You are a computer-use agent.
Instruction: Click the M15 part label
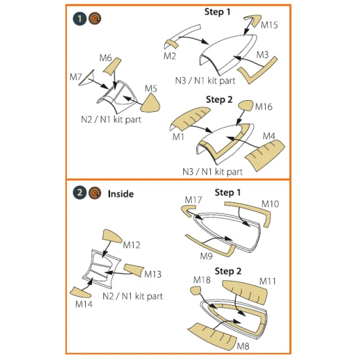pyautogui.click(x=270, y=26)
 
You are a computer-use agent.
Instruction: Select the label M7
pyautogui.click(x=76, y=77)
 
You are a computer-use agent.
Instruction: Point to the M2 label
pyautogui.click(x=170, y=56)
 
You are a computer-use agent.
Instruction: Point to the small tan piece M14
pyautogui.click(x=77, y=292)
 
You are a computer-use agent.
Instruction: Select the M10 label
pyautogui.click(x=270, y=204)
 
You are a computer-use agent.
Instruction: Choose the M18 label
pyautogui.click(x=201, y=280)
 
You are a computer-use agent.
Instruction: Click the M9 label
pyautogui.click(x=207, y=255)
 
